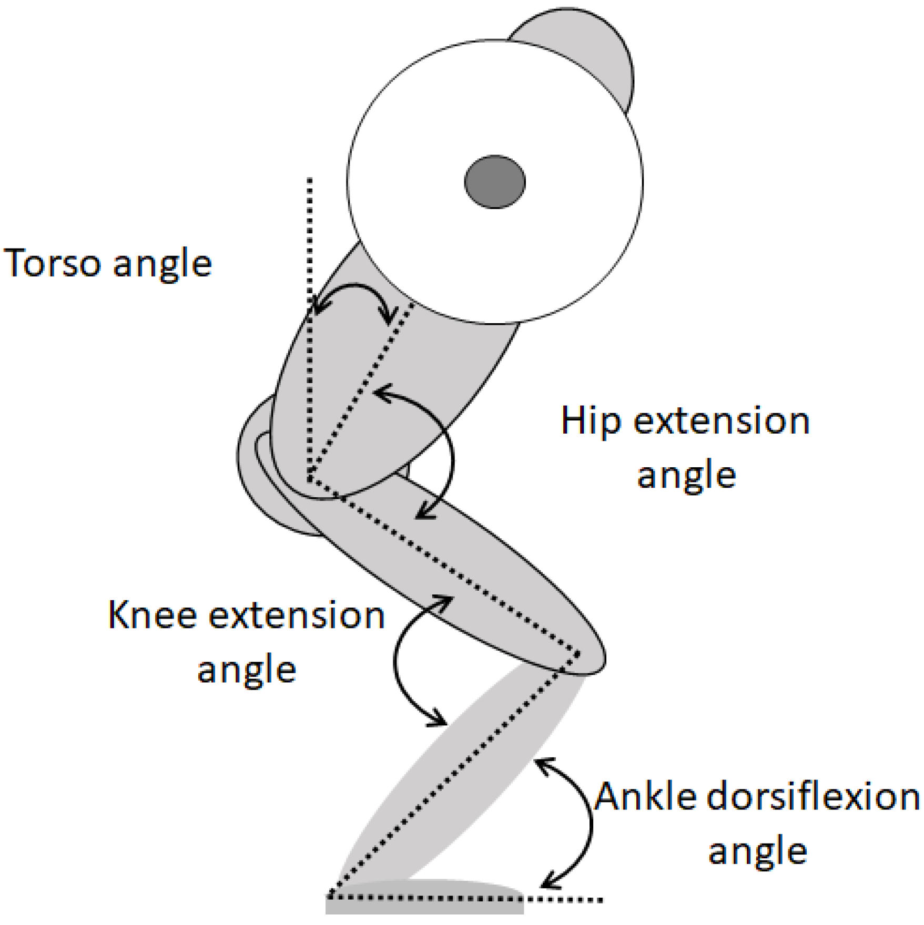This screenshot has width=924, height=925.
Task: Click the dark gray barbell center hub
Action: point(494,181)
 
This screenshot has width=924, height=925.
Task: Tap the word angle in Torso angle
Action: point(163,264)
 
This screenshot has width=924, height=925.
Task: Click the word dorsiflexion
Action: point(813,797)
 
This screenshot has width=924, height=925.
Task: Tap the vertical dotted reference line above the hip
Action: point(310,237)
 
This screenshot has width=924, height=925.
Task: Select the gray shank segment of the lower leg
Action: point(463,778)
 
